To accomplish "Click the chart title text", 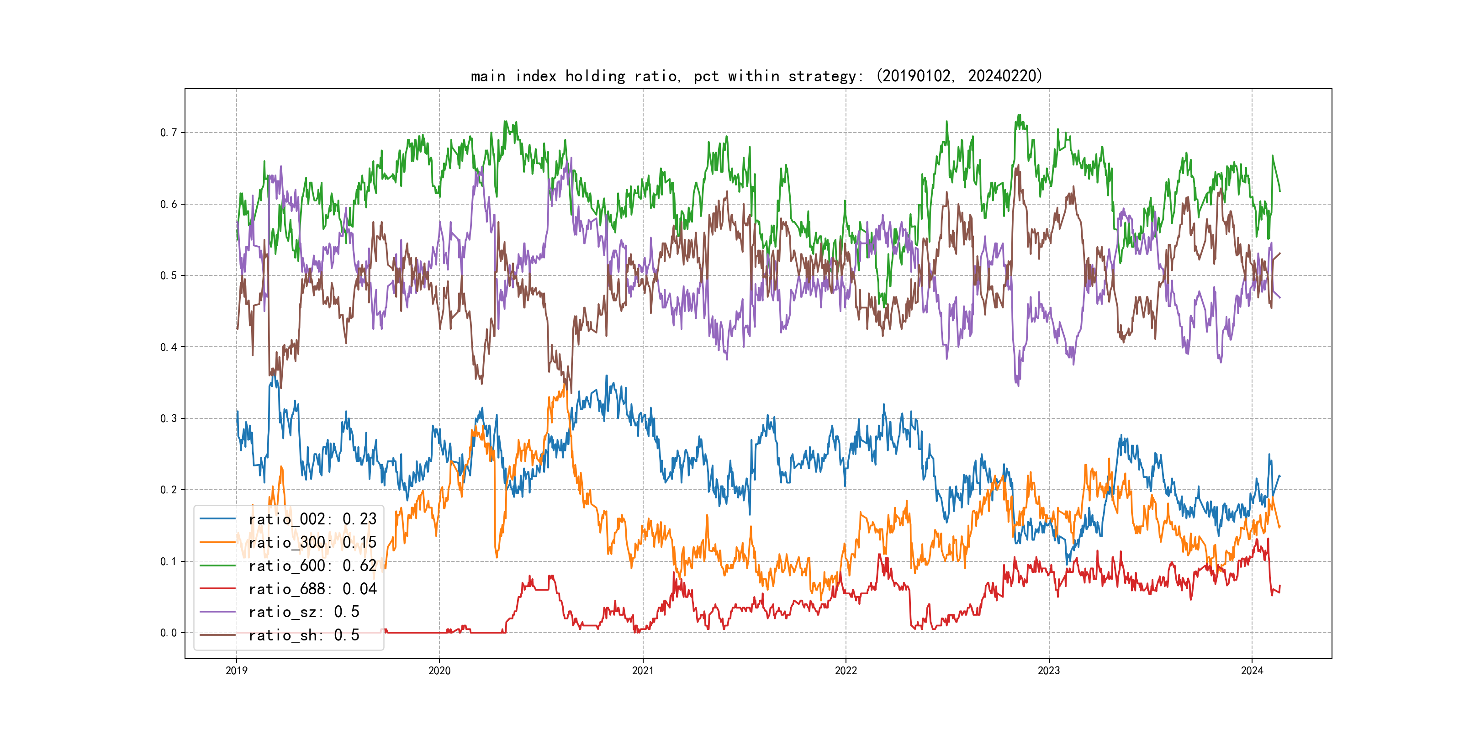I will coord(756,76).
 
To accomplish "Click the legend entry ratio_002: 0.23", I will coord(312,519).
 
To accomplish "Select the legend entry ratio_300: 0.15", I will coord(312,542).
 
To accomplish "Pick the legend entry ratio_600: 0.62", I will coord(312,566).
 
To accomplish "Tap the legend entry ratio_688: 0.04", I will coord(312,589).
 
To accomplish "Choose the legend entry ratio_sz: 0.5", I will coord(303,612).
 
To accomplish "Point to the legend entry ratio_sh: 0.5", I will coord(303,635).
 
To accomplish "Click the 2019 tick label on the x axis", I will coord(236,671).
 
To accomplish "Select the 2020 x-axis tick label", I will coord(439,671).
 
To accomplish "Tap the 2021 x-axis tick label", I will coord(642,671).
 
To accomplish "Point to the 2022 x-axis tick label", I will coord(846,671).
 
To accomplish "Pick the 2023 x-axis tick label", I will coord(1048,671).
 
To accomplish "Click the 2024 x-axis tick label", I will coord(1252,671).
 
